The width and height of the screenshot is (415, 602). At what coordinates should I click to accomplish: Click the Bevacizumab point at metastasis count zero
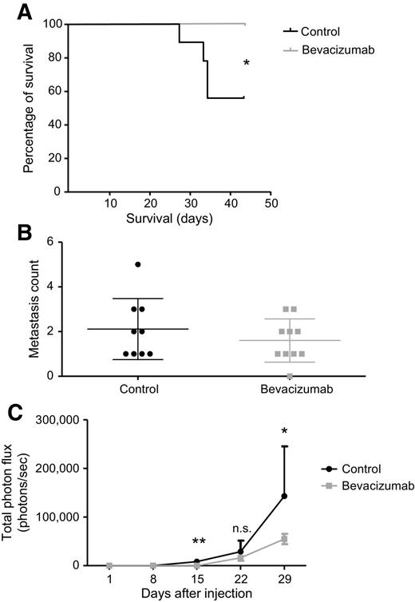coord(290,376)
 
